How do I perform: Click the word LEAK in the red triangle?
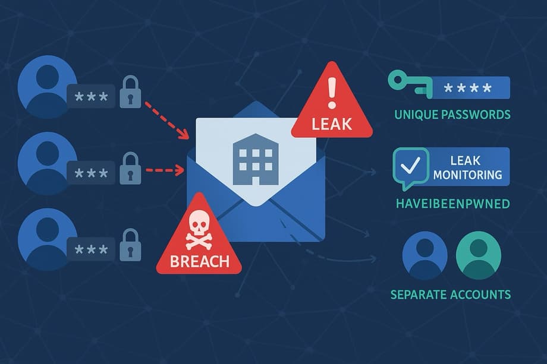(x=331, y=124)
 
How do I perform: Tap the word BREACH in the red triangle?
(x=200, y=261)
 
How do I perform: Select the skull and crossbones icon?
(x=199, y=230)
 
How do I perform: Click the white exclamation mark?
(x=332, y=93)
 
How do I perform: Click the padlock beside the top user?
(x=130, y=92)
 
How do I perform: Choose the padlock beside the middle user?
(x=130, y=168)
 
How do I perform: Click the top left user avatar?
(x=47, y=87)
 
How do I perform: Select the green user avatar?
(x=478, y=255)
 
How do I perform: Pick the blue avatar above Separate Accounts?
(x=425, y=255)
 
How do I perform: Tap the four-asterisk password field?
(x=468, y=87)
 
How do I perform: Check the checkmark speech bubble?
(x=411, y=167)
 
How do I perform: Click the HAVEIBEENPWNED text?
(x=453, y=204)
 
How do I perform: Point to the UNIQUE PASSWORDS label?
(x=452, y=114)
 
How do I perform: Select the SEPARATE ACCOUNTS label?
(x=450, y=295)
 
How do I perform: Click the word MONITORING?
(x=467, y=175)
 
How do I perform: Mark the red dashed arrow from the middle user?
(x=165, y=170)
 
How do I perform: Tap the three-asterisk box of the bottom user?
(x=91, y=249)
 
